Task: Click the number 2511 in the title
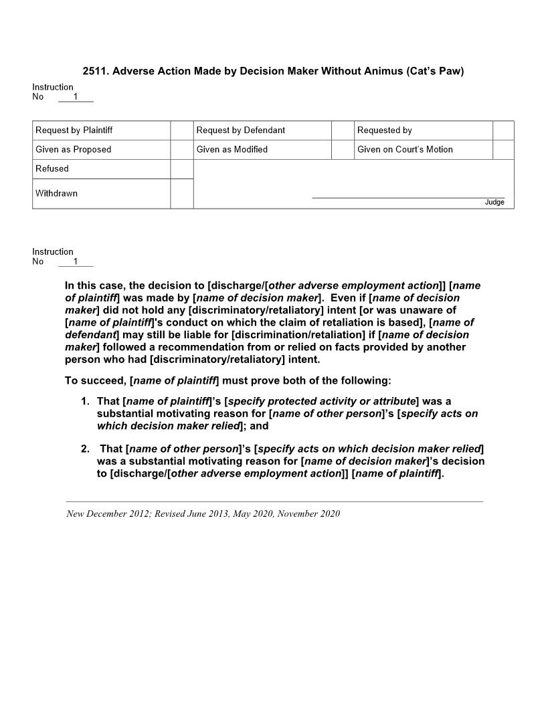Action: coord(95,72)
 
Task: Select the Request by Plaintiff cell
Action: coord(74,130)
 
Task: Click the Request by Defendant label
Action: coord(240,130)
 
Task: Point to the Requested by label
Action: coord(384,130)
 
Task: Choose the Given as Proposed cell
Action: coord(73,150)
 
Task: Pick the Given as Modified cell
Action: coord(232,150)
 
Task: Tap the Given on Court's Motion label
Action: coord(405,150)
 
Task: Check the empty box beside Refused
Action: coord(181,169)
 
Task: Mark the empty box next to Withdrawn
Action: coord(181,194)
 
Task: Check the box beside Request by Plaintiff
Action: coord(181,130)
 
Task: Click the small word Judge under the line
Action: coord(494,203)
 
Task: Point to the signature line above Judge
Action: coord(408,197)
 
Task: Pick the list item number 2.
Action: coord(85,449)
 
